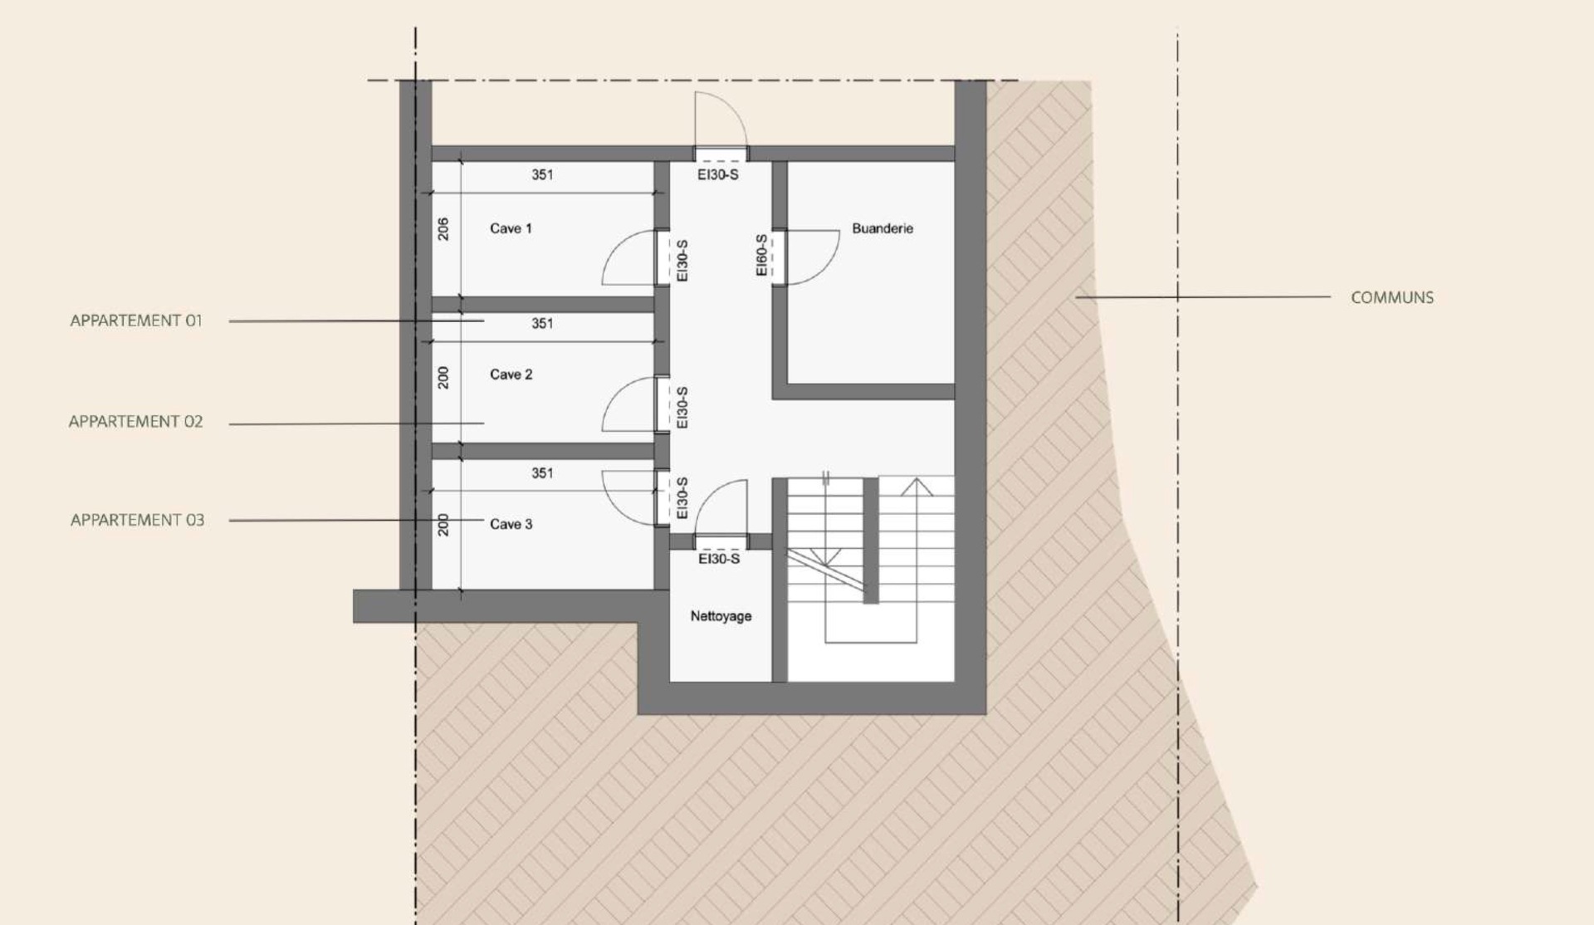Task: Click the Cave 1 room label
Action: [x=511, y=228]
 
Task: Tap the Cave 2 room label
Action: [x=511, y=374]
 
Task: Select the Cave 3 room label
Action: [x=511, y=524]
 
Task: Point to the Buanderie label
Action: [x=883, y=228]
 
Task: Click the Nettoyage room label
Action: [x=721, y=616]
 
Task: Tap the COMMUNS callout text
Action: [x=1392, y=297]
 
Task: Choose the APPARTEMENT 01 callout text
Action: [x=136, y=321]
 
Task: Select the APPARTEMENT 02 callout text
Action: [x=135, y=422]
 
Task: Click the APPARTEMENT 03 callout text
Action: [x=137, y=520]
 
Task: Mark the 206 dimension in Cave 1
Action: [x=443, y=229]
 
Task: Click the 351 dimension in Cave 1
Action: [x=542, y=174]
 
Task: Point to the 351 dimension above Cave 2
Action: [x=542, y=323]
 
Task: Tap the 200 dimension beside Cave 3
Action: [x=443, y=525]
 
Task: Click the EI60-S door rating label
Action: [x=761, y=255]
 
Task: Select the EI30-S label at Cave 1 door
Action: [x=682, y=261]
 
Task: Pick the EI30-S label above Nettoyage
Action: [x=719, y=559]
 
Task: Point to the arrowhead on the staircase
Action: [x=916, y=487]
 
